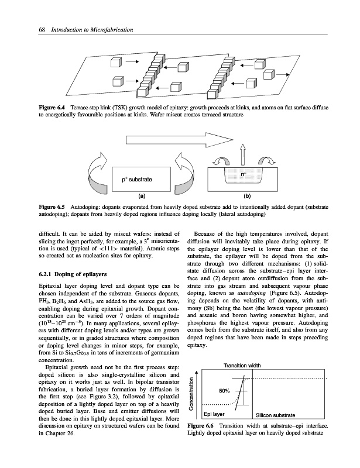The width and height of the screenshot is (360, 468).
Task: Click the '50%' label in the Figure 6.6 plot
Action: coord(225,391)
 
